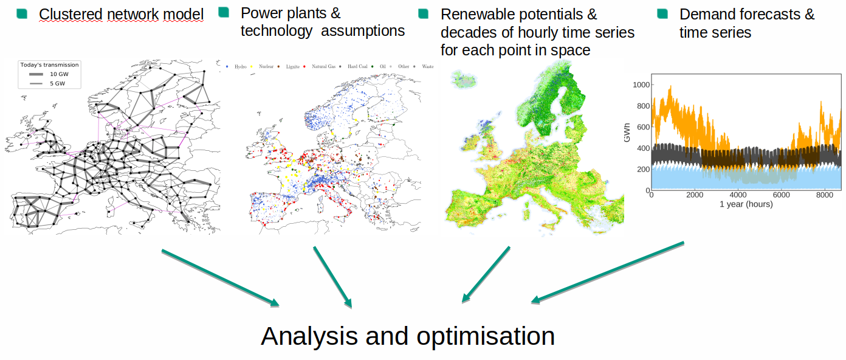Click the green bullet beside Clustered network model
(x=22, y=13)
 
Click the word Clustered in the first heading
(x=70, y=15)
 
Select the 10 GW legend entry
(x=49, y=74)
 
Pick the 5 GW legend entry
(x=47, y=83)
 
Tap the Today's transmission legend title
(x=49, y=65)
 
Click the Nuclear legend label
(x=266, y=66)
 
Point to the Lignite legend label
(x=293, y=67)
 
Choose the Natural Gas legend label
(x=323, y=66)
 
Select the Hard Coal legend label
(x=357, y=66)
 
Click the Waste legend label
(x=427, y=66)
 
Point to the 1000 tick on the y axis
(x=641, y=85)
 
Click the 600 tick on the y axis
(x=643, y=127)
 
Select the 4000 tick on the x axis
(x=738, y=195)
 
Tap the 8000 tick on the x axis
(x=825, y=195)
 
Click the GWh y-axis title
(x=627, y=133)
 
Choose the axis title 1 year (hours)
(x=746, y=204)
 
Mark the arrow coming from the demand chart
(x=607, y=272)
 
